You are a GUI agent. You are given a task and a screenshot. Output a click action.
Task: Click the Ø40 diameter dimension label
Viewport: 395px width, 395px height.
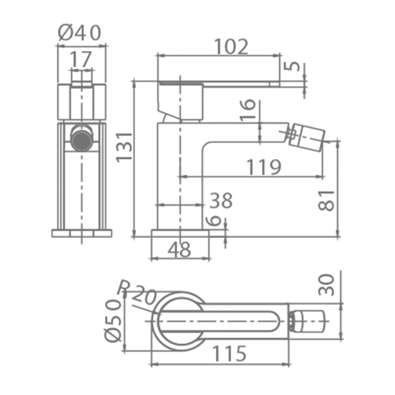click(x=80, y=33)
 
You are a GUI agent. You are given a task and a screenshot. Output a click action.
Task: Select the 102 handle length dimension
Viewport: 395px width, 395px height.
click(x=231, y=47)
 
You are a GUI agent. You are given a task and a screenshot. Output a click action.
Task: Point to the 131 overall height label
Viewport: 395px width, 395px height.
click(x=124, y=147)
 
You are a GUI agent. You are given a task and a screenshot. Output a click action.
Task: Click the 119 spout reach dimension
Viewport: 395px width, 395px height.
click(x=264, y=167)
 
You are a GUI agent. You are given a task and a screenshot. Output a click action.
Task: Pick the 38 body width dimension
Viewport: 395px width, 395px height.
click(x=221, y=200)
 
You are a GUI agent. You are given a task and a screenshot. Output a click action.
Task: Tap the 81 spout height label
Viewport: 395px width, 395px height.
click(x=326, y=201)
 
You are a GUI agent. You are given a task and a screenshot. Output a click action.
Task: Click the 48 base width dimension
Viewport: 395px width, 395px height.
click(x=179, y=250)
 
